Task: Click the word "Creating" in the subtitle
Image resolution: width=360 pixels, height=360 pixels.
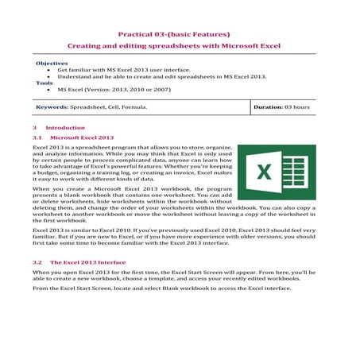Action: pos(85,47)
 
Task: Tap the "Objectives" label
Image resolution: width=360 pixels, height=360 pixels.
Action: pos(52,63)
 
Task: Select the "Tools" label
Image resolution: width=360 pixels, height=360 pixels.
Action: pos(43,83)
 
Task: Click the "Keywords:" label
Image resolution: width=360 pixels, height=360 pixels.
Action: pos(52,106)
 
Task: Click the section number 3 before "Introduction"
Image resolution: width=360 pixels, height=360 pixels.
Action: pos(35,127)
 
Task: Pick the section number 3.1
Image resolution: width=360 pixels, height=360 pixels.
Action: pos(37,137)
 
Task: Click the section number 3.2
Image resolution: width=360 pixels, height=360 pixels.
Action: pos(37,261)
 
